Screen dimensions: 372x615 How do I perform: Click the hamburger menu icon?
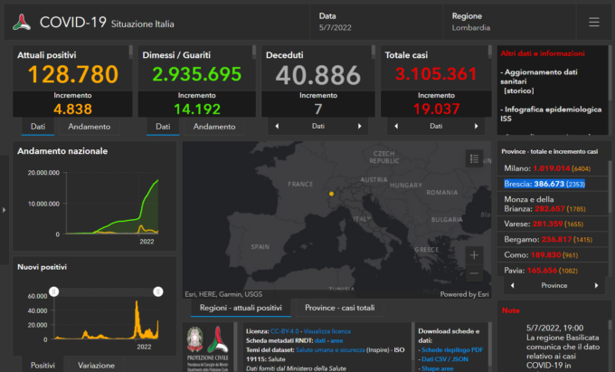(x=593, y=22)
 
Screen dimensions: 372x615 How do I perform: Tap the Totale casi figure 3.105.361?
(x=435, y=75)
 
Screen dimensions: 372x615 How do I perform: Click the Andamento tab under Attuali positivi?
(x=90, y=127)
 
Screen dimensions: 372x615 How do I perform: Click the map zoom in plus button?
(x=475, y=256)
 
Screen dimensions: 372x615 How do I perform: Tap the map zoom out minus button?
(x=475, y=274)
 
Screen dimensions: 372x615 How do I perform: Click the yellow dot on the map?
(x=331, y=193)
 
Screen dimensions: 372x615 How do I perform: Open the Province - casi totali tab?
(x=340, y=308)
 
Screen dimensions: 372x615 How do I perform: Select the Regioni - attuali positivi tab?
(x=241, y=308)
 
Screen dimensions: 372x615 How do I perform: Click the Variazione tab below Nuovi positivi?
(x=96, y=365)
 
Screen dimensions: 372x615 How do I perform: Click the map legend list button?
(x=475, y=158)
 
